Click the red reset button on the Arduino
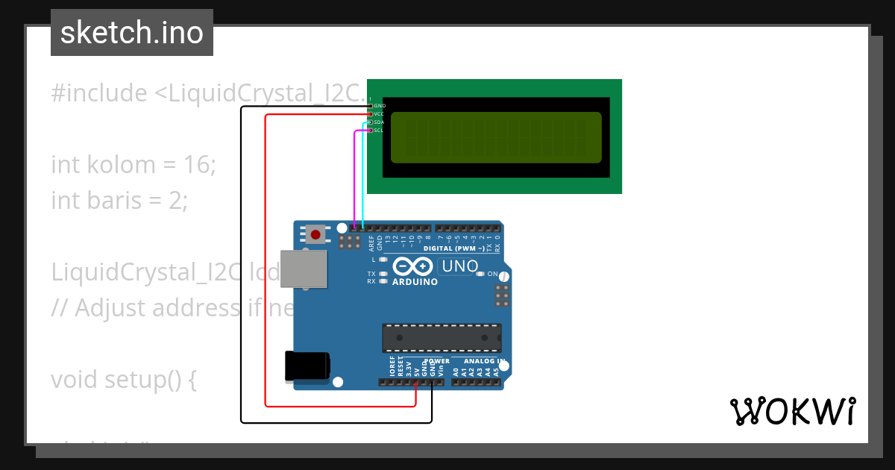(315, 235)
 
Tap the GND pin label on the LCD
(380, 106)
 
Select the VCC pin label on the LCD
(379, 114)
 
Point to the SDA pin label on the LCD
(379, 122)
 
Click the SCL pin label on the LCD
(379, 131)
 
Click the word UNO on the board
(460, 266)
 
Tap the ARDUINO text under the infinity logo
(415, 282)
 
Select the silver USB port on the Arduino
(304, 269)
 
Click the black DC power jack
(307, 366)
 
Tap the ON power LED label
(492, 275)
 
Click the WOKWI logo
(792, 411)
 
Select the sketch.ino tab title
(132, 33)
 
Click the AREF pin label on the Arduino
(371, 242)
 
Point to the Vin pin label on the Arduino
(441, 369)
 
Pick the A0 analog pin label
(455, 369)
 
